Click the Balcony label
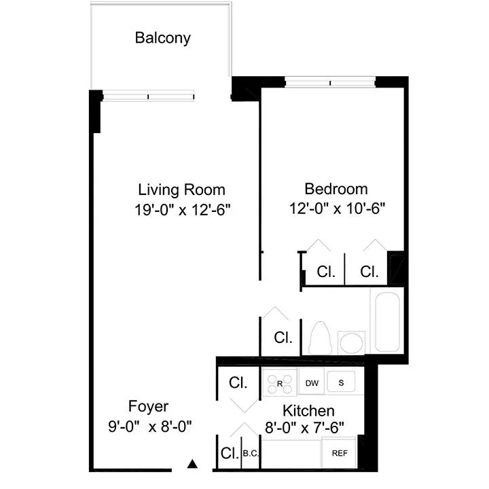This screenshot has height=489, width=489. (x=162, y=37)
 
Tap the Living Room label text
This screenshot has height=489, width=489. (x=181, y=189)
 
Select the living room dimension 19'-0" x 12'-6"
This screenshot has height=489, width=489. (x=183, y=209)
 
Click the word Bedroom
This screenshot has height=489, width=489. (x=336, y=189)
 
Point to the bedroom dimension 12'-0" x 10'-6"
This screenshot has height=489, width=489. (x=336, y=209)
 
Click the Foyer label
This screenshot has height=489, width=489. (x=148, y=406)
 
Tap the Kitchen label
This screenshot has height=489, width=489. (x=308, y=410)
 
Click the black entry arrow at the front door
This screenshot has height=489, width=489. (x=193, y=465)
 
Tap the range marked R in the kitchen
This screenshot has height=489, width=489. (x=280, y=382)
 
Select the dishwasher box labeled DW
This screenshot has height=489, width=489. (x=312, y=383)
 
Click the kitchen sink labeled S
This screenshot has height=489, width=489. (x=342, y=382)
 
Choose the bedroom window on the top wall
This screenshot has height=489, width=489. (x=330, y=82)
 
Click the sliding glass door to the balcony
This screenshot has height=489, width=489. (x=149, y=96)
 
